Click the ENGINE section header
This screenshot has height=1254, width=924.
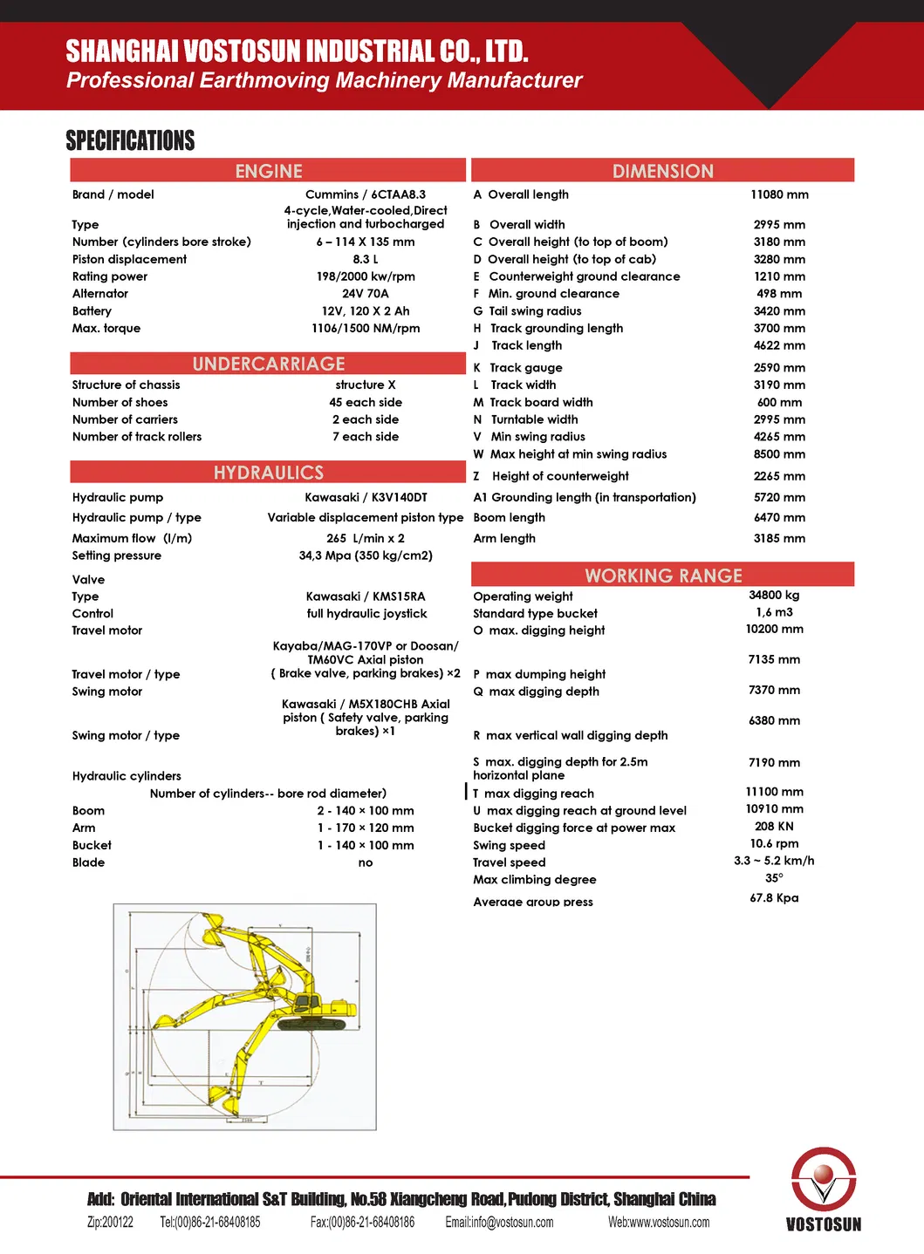[x=268, y=171]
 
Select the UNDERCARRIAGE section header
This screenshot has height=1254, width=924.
[x=268, y=364]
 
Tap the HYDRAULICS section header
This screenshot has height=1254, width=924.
[x=268, y=473]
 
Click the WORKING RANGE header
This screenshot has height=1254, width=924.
[x=663, y=576]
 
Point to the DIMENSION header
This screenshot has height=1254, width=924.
[x=663, y=171]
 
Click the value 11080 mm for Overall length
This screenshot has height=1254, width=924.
[x=779, y=194]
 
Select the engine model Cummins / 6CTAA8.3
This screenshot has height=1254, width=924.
[x=366, y=194]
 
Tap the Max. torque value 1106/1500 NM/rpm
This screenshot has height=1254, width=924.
[x=366, y=329]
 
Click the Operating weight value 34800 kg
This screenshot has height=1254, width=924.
[x=774, y=596]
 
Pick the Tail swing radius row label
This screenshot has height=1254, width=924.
[x=535, y=311]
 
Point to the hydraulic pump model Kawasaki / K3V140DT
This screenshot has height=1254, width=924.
[x=366, y=497]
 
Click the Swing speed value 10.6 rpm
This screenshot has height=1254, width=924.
[x=774, y=843]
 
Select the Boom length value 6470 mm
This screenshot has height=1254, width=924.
[x=779, y=518]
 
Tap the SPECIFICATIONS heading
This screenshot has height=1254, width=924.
[x=130, y=140]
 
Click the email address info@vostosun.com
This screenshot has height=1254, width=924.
[x=499, y=1223]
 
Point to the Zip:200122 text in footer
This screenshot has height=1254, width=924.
[x=110, y=1223]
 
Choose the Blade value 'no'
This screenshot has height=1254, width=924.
[x=366, y=862]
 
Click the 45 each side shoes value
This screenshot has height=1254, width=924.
[x=366, y=402]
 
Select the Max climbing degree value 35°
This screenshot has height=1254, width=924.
[x=774, y=878]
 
